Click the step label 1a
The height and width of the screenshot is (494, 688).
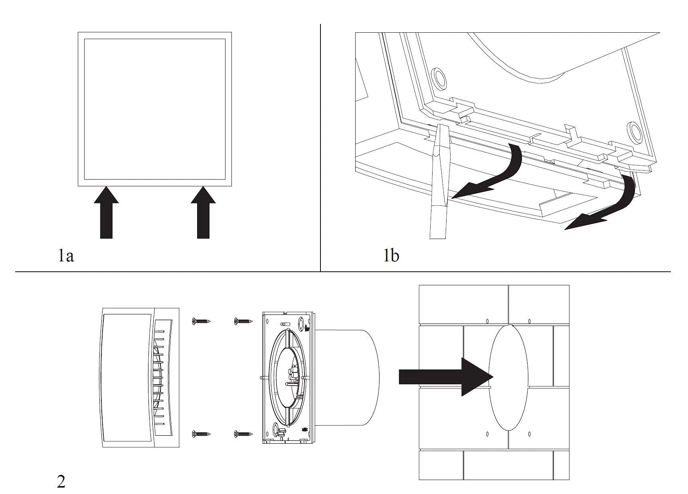pyautogui.click(x=66, y=256)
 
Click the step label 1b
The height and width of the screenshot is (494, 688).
pyautogui.click(x=391, y=255)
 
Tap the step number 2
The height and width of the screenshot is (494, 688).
pyautogui.click(x=61, y=482)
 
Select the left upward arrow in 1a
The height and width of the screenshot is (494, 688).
pyautogui.click(x=106, y=212)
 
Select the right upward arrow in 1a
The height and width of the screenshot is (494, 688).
pyautogui.click(x=203, y=212)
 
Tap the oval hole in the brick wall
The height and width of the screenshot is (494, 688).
pyautogui.click(x=508, y=377)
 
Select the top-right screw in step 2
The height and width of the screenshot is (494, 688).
pyautogui.click(x=243, y=320)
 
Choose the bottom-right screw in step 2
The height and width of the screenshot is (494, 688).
pyautogui.click(x=243, y=433)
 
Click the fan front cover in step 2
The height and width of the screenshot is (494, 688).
pyautogui.click(x=138, y=377)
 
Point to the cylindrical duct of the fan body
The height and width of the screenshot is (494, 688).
pyautogui.click(x=347, y=377)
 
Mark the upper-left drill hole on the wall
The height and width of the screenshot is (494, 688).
pyautogui.click(x=487, y=321)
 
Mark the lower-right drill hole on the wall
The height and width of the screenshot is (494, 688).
pyautogui.click(x=529, y=434)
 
